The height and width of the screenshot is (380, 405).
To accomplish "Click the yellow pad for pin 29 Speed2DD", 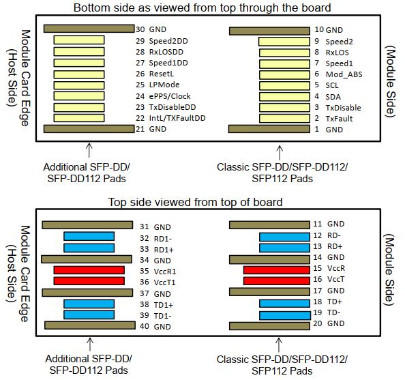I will pyautogui.click(x=79, y=41).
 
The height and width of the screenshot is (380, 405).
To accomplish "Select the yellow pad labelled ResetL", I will pyautogui.click(x=79, y=74).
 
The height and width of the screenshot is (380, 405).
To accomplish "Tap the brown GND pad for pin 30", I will pyautogui.click(x=89, y=29).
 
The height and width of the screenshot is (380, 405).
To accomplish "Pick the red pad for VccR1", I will pyautogui.click(x=89, y=270).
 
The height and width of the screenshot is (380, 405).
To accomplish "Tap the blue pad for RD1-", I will pyautogui.click(x=89, y=237).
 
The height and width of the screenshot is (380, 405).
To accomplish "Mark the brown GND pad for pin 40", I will pyautogui.click(x=89, y=325).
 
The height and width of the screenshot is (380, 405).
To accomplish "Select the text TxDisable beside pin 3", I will pyautogui.click(x=343, y=107).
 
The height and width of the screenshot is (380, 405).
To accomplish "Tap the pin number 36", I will pyautogui.click(x=144, y=281).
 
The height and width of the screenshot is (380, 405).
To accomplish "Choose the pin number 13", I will pyautogui.click(x=317, y=247).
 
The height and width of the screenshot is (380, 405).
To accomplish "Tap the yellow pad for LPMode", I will pyautogui.click(x=79, y=85).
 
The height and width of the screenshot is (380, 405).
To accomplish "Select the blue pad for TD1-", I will pyautogui.click(x=89, y=315).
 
